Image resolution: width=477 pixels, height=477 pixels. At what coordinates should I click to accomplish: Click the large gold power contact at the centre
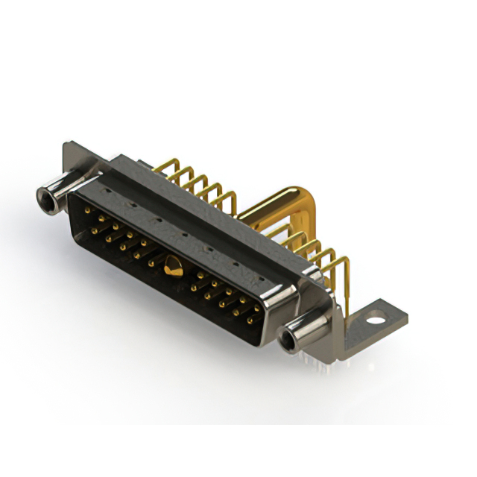pyautogui.click(x=173, y=265)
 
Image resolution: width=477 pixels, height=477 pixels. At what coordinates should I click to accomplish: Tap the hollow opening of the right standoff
pyautogui.click(x=287, y=342)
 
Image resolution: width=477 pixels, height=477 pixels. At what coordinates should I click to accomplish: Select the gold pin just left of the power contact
pyautogui.click(x=151, y=262)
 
